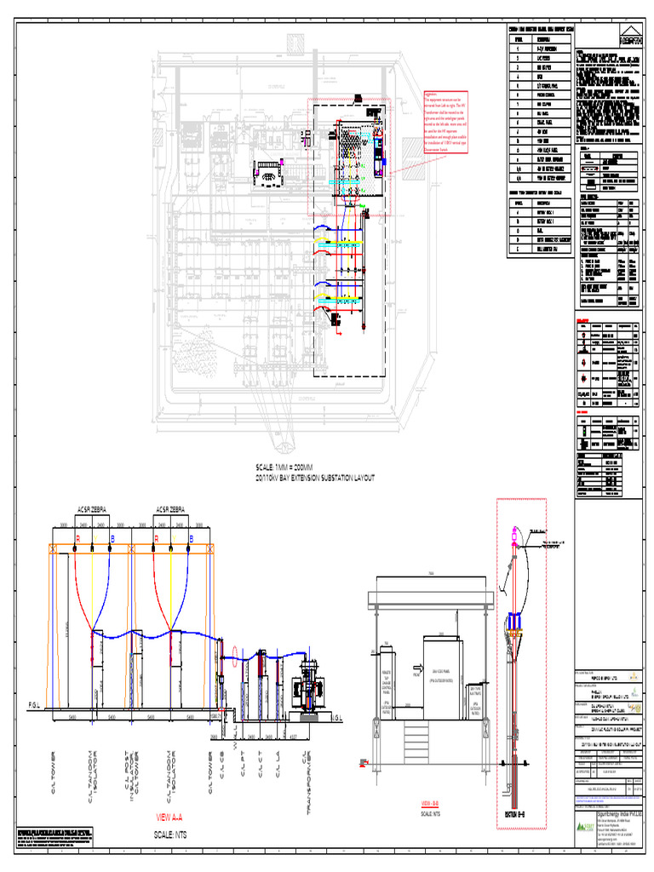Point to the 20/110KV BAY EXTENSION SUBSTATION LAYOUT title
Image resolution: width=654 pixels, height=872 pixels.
pos(314,479)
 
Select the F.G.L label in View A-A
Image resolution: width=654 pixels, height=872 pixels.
pos(35,705)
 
